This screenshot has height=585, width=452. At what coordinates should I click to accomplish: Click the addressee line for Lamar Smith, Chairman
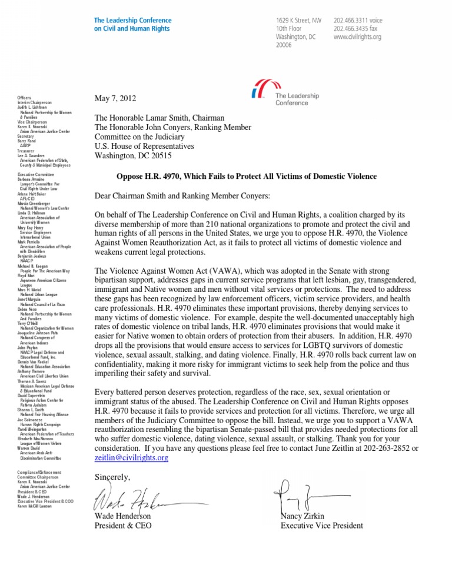(167, 117)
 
